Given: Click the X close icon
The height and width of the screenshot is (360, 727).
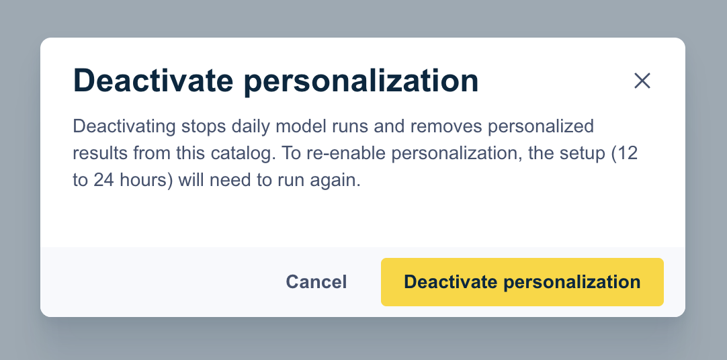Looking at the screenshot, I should pyautogui.click(x=642, y=81).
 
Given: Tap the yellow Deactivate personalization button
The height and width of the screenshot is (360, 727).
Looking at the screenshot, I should pyautogui.click(x=522, y=281).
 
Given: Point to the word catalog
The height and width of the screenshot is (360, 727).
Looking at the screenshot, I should pyautogui.click(x=240, y=154).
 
